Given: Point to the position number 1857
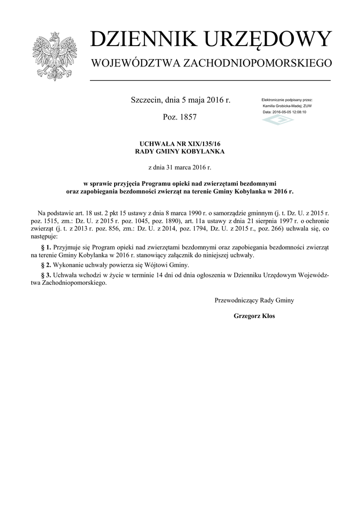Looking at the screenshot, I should coord(187,118).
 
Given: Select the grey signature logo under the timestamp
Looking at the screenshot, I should coord(278,120).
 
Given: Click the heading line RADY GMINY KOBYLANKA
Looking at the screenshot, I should coord(180,151).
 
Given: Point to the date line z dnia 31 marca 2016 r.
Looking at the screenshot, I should coord(180,168).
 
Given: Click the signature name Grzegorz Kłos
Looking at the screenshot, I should coord(254,316).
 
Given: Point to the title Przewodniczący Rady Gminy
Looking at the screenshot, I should coord(254,300).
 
